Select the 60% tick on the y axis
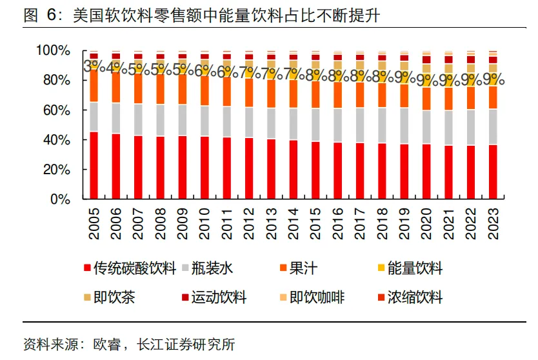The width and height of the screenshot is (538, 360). coord(57,110)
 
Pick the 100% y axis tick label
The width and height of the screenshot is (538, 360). coord(53,50)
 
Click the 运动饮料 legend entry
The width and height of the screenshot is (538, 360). coord(223,297)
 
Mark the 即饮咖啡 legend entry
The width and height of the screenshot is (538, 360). coord(316,297)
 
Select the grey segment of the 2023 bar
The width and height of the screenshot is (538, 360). coord(493,127)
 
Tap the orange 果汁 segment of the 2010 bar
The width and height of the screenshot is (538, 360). coord(205,90)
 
